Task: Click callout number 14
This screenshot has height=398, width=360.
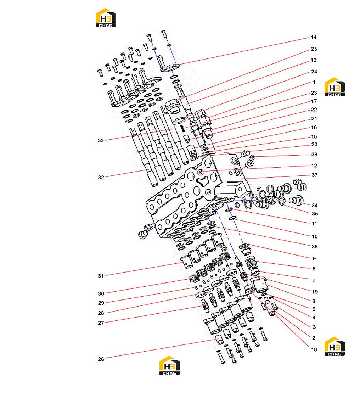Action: point(314,38)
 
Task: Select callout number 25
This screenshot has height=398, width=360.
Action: point(314,49)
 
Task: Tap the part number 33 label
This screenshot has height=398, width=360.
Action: point(101,140)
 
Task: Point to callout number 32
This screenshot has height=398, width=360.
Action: point(101,178)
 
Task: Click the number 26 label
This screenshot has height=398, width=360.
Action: point(101,359)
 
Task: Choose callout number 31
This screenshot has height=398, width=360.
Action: point(101,276)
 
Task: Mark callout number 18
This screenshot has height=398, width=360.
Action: point(314,349)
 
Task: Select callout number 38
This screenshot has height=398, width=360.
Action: point(314,155)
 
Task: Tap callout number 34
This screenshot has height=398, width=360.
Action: point(315,205)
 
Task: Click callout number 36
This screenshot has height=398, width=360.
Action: point(315,246)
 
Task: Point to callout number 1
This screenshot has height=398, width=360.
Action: point(314,82)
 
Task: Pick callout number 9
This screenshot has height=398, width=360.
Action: point(314,259)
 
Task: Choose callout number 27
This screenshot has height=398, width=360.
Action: point(101,323)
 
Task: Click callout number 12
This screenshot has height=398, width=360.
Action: point(314,166)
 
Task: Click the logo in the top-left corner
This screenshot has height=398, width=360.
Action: point(106,18)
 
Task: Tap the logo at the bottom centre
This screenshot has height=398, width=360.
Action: point(169,365)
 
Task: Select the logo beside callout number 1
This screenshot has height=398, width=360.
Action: point(334,87)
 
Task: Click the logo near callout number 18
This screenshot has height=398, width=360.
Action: point(334,347)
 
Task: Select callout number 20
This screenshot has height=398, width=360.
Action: point(314,145)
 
